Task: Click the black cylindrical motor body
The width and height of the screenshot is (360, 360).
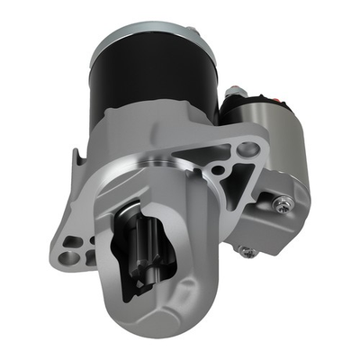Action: [153, 81]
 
